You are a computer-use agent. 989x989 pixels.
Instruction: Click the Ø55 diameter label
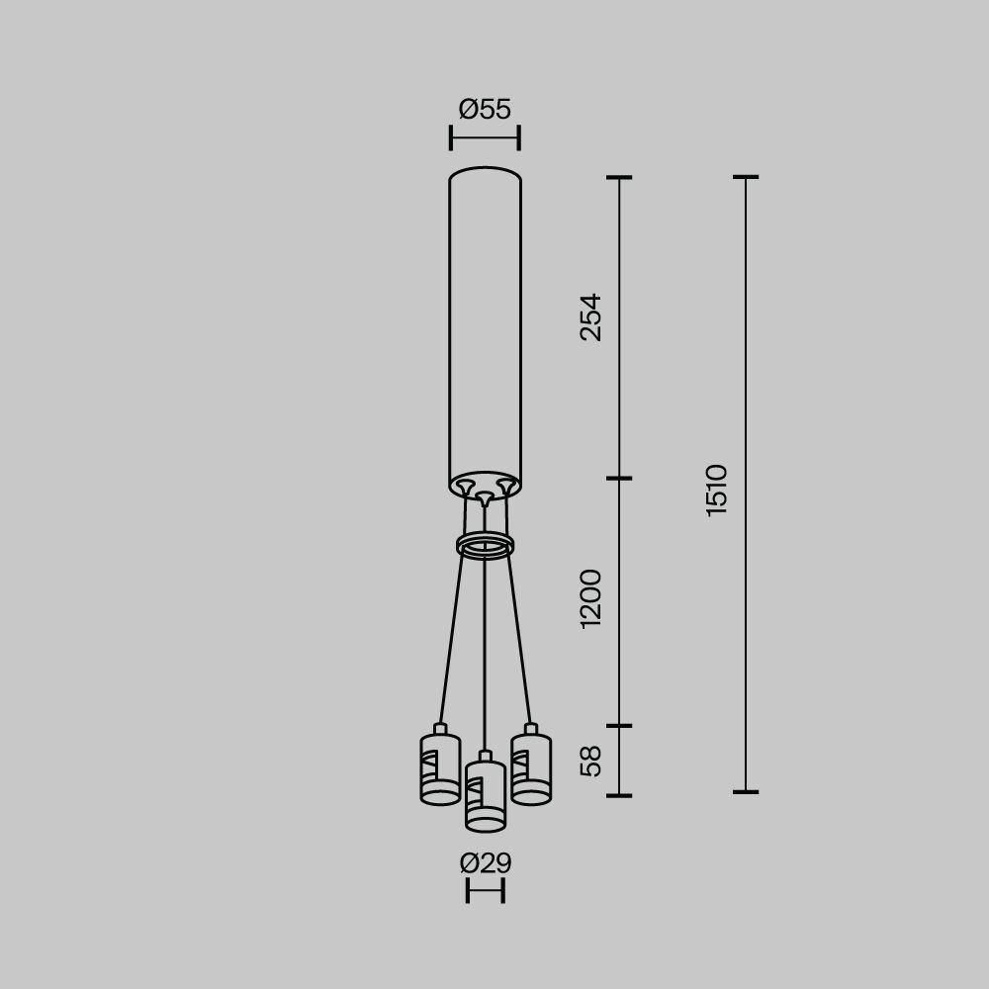(485, 109)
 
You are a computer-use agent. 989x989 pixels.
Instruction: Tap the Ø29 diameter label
(485, 863)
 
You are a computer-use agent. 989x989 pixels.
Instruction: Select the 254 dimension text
(590, 316)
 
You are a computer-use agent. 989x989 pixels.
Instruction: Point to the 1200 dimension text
(590, 598)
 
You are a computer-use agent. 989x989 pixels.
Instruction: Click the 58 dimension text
(590, 761)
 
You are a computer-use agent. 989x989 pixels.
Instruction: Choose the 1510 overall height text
(717, 490)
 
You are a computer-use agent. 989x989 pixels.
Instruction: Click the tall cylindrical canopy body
(485, 326)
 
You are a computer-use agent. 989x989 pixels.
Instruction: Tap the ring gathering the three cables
(485, 545)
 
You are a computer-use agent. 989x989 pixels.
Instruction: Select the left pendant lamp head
(440, 769)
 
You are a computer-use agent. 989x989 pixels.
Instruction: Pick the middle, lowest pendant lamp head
(485, 795)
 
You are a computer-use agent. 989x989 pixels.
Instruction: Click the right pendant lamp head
(531, 768)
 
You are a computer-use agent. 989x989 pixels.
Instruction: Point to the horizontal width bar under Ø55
(485, 137)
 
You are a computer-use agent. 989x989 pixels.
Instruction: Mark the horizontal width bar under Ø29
(485, 890)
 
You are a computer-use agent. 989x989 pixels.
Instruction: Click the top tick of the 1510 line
(746, 177)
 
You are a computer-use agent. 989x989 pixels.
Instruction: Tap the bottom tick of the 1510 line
(746, 791)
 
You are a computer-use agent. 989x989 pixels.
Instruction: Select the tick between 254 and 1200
(619, 479)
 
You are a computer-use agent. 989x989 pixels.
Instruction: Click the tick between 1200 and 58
(619, 726)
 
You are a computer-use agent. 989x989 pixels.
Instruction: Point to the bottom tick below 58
(619, 794)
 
